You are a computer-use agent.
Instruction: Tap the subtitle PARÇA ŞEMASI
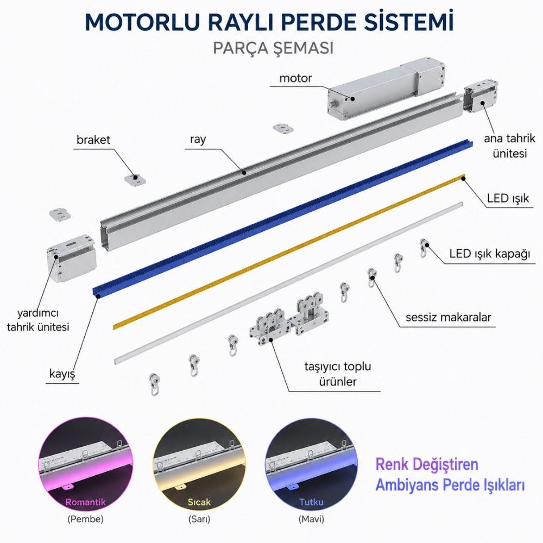273,48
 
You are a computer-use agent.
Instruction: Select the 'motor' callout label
295,78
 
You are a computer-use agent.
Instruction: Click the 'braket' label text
93,140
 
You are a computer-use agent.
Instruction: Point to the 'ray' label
198,140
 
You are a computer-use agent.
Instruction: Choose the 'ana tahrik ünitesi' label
509,146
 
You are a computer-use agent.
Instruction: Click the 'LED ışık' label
508,198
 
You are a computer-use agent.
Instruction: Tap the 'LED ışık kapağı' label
490,254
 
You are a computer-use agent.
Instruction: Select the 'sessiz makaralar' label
448,317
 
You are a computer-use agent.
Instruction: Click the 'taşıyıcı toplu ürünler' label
338,374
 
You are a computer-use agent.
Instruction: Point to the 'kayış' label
62,374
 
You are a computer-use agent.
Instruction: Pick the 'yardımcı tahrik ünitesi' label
38,320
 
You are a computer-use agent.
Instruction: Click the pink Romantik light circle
86,464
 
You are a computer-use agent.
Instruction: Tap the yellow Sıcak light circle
199,464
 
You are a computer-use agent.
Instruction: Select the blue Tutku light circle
311,464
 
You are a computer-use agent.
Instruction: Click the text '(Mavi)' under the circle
311,519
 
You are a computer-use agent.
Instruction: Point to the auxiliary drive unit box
71,258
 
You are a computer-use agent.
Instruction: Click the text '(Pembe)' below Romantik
86,519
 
